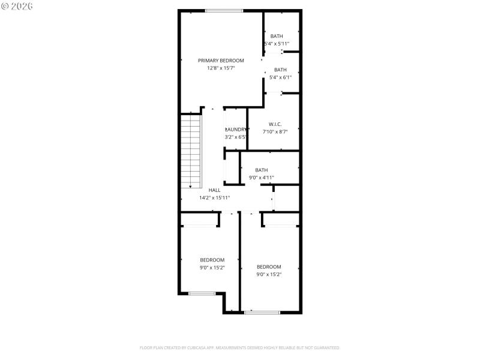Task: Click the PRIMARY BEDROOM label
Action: pos(221,61)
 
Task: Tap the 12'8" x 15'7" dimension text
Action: pos(221,68)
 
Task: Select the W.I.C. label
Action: pos(275,124)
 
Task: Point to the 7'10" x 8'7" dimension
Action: pos(275,132)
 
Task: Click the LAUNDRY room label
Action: pos(235,129)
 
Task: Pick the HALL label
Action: pos(214,190)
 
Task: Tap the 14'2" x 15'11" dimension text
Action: pos(214,197)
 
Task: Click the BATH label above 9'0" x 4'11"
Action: pos(262,170)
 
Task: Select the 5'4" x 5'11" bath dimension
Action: pos(277,44)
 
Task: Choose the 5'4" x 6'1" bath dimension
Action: pos(281,77)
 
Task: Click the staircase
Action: pos(191,150)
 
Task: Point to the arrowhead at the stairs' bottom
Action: pos(191,186)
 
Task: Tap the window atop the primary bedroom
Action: pos(224,10)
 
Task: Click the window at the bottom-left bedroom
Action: pos(202,293)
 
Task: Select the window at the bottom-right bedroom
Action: pos(262,312)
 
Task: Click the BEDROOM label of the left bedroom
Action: pos(212,260)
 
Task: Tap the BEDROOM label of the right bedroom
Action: pos(269,267)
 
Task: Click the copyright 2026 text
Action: pos(18,5)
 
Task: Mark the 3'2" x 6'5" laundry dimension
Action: pos(235,137)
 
